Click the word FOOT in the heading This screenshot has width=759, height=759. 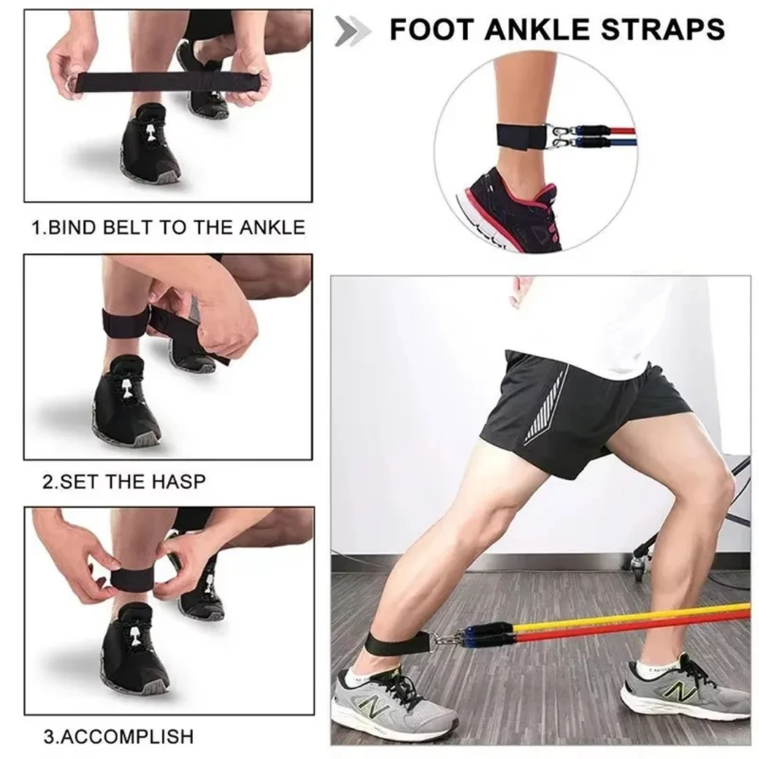[431, 30]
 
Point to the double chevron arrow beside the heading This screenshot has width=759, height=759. [352, 31]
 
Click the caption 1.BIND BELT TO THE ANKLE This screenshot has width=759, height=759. [169, 227]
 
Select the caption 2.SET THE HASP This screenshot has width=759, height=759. [124, 482]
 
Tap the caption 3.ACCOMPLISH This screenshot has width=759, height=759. [118, 737]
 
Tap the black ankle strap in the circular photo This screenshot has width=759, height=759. [517, 135]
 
